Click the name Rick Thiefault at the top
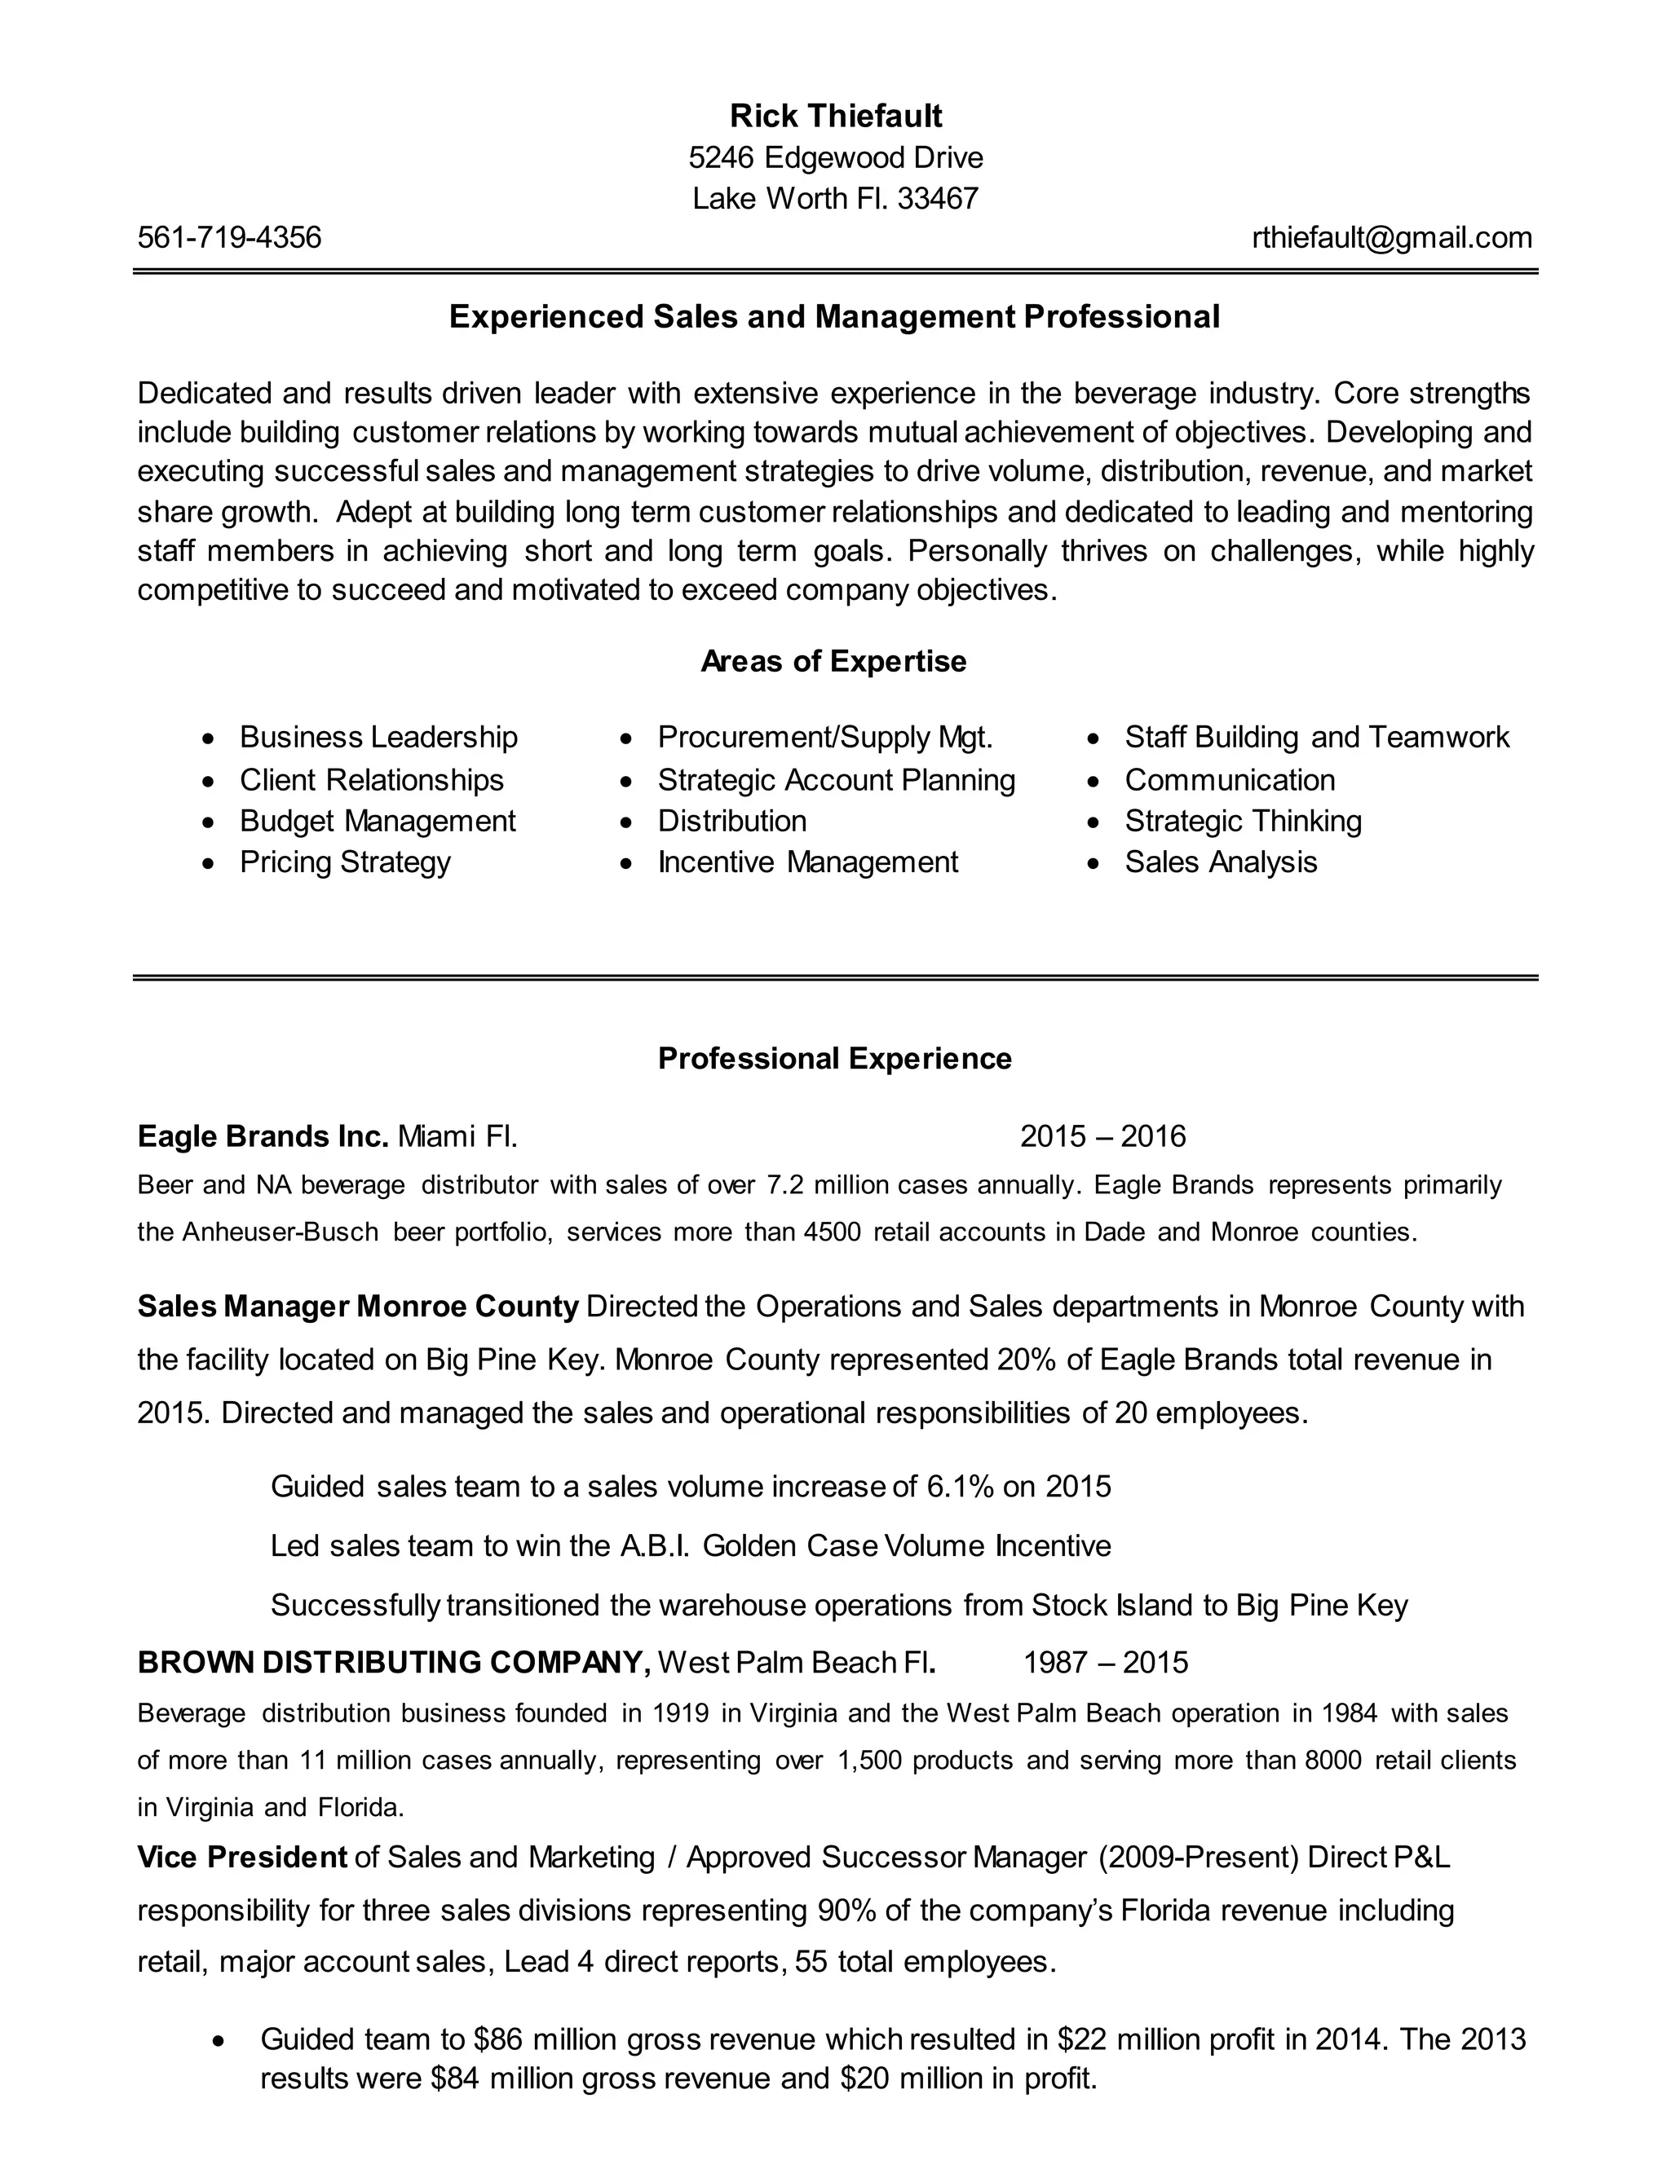tap(836, 117)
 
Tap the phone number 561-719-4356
tap(229, 237)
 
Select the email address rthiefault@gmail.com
tap(1392, 237)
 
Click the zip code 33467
tap(938, 199)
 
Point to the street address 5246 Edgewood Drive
tap(836, 157)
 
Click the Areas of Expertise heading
tap(833, 661)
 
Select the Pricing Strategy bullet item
tap(344, 862)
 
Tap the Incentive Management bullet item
tap(807, 862)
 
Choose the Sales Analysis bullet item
tap(1220, 862)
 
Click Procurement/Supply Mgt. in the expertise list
tap(824, 737)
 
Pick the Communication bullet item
tap(1229, 779)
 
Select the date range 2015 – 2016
tap(1102, 1135)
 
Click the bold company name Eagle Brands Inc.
tap(263, 1135)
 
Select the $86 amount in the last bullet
tap(495, 2039)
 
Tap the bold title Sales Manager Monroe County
tap(357, 1307)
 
